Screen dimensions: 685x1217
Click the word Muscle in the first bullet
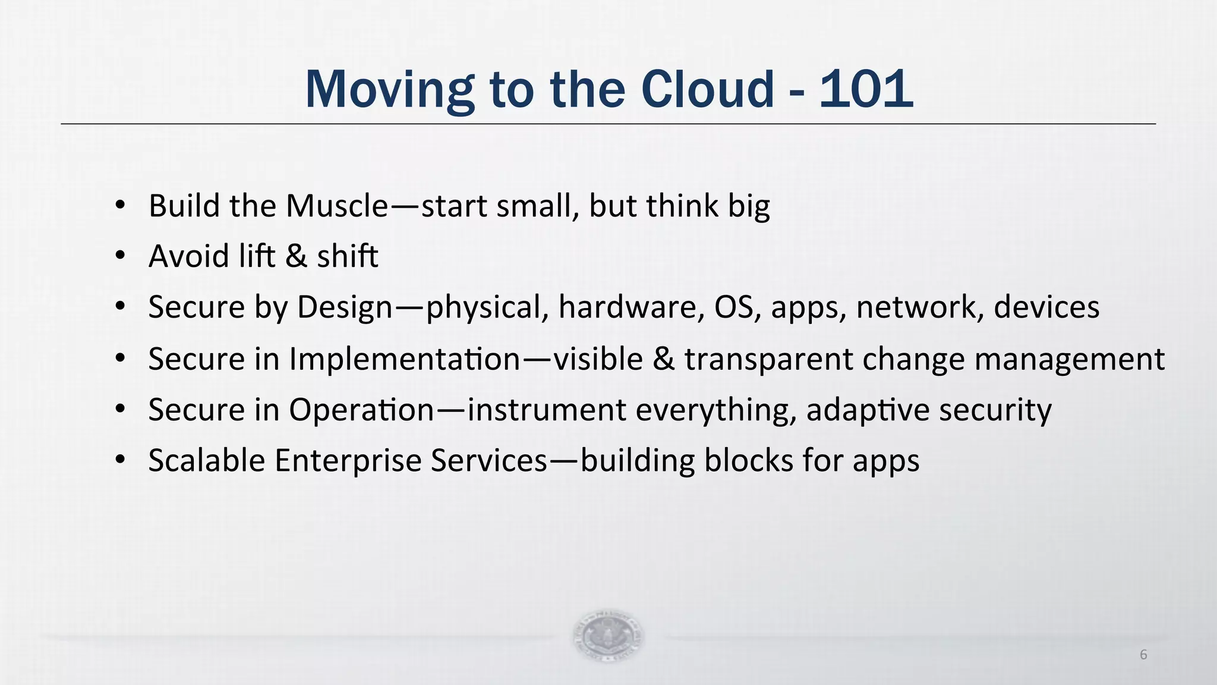coord(337,206)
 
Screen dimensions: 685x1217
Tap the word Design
coord(345,308)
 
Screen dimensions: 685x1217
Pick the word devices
coord(1046,307)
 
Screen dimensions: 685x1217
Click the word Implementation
coord(405,359)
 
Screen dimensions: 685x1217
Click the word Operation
coord(361,410)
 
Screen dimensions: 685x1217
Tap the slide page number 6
coord(1143,655)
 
